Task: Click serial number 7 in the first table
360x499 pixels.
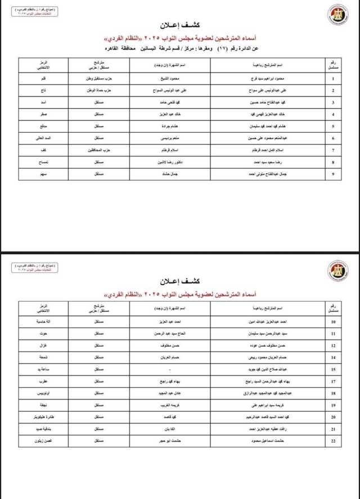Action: point(334,150)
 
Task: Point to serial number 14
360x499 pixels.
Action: point(334,357)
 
